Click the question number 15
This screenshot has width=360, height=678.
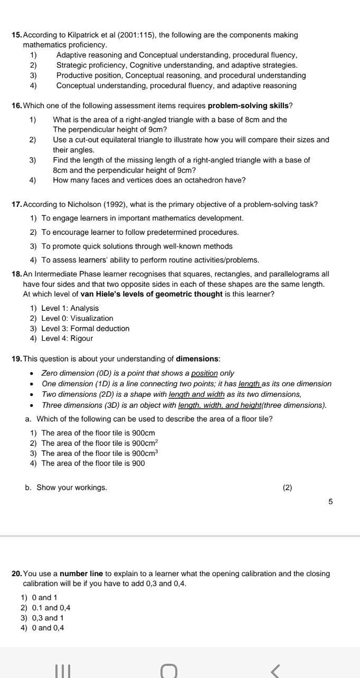point(17,35)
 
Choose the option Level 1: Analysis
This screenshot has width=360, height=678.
point(70,308)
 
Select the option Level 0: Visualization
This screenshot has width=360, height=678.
point(77,318)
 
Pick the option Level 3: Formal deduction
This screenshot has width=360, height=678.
point(85,328)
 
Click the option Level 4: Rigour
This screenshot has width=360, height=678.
point(67,338)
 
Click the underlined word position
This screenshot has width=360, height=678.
point(204,373)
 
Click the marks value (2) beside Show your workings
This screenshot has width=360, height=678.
point(287,488)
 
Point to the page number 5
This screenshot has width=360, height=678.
point(330,502)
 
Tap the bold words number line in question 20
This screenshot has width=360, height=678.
point(81,574)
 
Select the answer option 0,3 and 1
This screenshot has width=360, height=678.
point(48,618)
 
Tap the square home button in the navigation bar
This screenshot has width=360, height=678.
point(169,670)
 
